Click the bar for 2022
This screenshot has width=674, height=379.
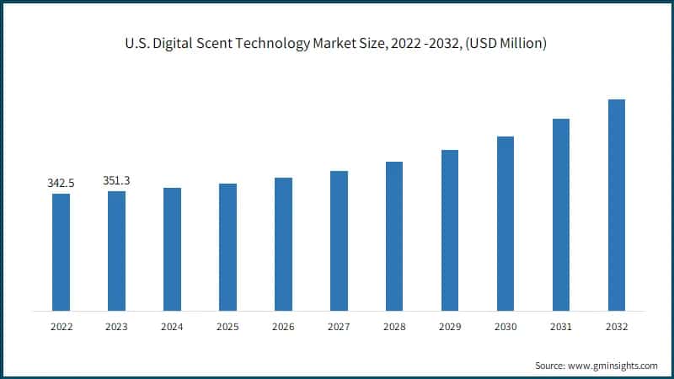61,252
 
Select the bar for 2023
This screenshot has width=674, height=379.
116,251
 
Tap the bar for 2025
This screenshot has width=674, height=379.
227,247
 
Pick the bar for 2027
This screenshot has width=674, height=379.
339,241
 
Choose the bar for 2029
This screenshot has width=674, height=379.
450,230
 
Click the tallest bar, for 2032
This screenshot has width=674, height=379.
617,205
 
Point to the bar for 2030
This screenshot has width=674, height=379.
505,223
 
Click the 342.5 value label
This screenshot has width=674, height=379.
61,183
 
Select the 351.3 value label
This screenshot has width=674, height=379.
116,180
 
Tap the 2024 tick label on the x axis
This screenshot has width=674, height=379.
172,328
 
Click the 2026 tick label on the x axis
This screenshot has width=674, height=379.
283,328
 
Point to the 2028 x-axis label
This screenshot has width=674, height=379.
394,328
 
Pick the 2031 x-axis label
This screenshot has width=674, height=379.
561,328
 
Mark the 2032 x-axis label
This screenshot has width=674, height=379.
617,328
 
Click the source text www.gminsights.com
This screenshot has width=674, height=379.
613,366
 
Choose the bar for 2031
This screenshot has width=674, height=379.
561,215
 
